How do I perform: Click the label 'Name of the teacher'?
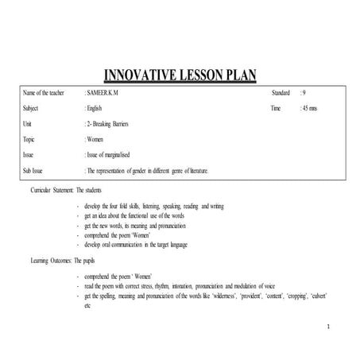(x=44, y=94)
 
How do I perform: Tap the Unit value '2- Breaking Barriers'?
(x=113, y=124)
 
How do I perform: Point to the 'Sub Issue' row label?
(x=33, y=170)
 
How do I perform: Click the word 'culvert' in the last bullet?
(x=316, y=296)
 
